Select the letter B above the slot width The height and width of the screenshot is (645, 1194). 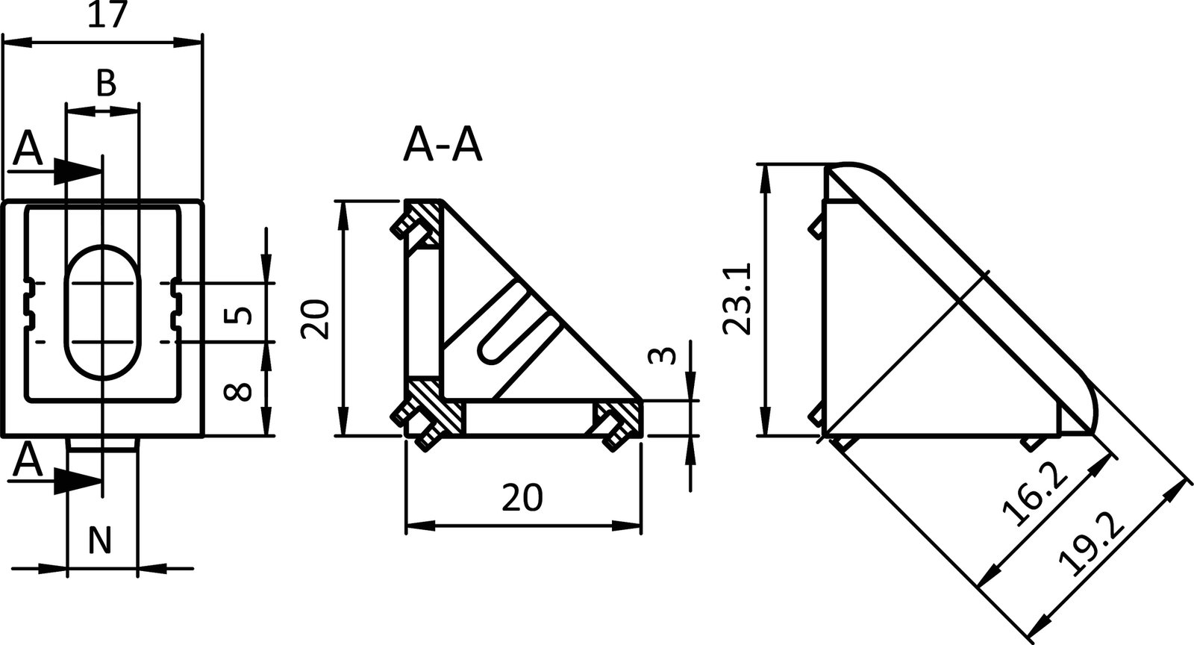(x=106, y=84)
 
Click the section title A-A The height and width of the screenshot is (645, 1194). (x=443, y=146)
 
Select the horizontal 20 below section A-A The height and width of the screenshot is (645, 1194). (x=522, y=498)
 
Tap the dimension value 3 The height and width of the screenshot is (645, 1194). (x=668, y=355)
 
